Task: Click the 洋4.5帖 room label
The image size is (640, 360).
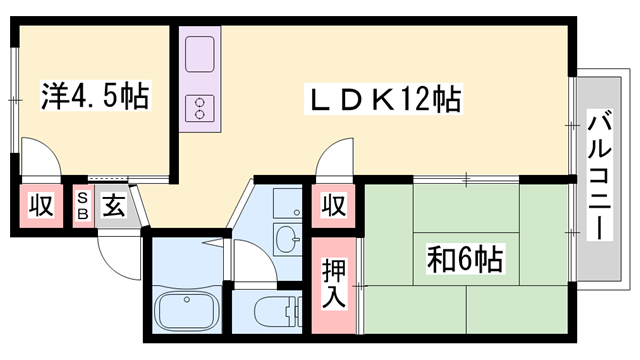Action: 95,97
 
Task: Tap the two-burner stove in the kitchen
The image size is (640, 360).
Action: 198,105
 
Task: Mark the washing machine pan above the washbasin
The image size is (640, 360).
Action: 286,202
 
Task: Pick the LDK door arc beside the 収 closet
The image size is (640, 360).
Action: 335,160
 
